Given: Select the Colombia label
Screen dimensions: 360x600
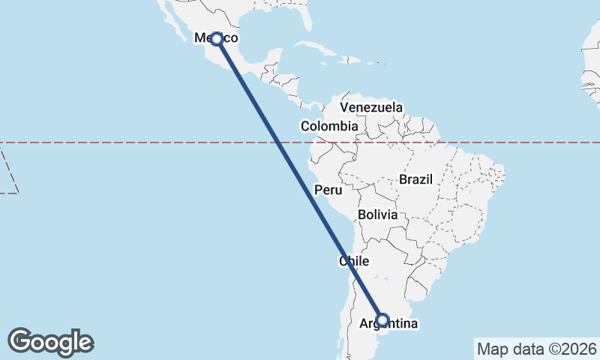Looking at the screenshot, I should click(x=329, y=127).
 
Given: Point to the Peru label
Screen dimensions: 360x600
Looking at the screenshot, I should click(x=328, y=190).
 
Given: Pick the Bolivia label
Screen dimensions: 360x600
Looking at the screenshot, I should click(x=377, y=214).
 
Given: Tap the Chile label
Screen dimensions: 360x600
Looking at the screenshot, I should click(x=355, y=262).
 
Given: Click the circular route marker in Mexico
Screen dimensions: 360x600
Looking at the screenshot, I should click(x=216, y=38).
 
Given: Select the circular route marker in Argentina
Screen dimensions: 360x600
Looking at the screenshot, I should click(x=382, y=320).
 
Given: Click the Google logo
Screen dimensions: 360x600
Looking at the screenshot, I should click(x=50, y=342).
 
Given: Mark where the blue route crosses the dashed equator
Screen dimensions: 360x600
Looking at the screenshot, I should click(x=277, y=142).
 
